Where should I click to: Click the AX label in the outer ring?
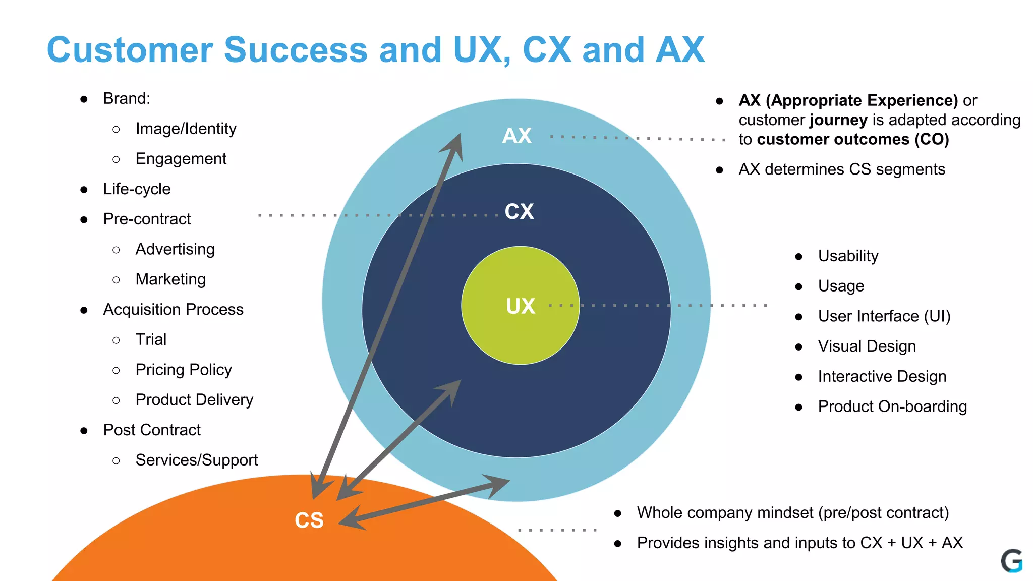point(517,136)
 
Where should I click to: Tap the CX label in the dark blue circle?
point(519,211)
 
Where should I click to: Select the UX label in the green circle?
point(520,306)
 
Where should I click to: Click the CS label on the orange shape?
point(309,520)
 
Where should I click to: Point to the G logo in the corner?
point(1011,561)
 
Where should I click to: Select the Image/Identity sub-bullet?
point(186,129)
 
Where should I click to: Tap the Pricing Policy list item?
point(184,370)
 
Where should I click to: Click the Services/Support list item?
point(196,460)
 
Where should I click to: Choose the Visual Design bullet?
point(867,346)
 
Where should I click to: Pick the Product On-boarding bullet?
point(892,406)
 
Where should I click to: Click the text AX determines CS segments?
point(841,169)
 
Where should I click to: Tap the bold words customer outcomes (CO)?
point(852,139)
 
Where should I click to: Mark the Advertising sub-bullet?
point(175,249)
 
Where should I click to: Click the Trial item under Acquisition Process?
point(151,339)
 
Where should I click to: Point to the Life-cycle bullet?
point(137,189)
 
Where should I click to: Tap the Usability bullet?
point(848,256)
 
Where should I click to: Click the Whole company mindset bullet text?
point(792,513)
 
